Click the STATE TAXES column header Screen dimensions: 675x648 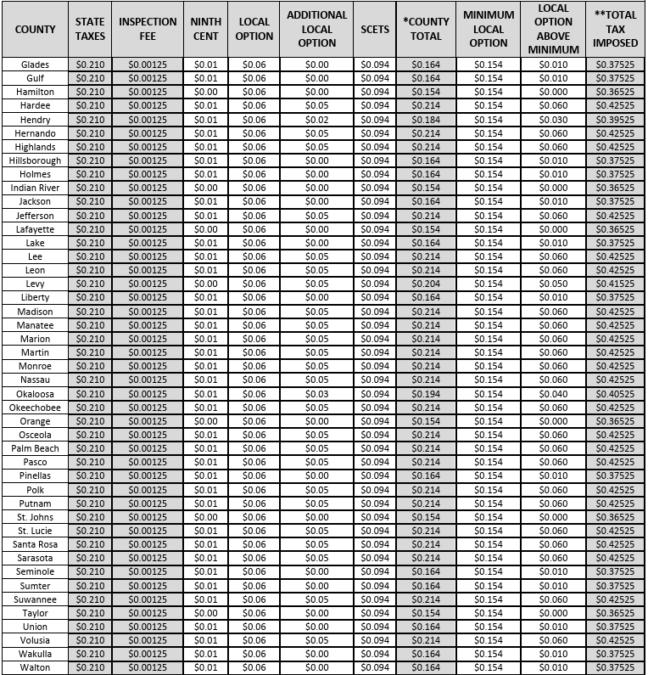90,29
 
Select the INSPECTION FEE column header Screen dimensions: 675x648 148,29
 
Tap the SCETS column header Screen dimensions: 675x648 374,29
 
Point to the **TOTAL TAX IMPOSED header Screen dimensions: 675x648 615,29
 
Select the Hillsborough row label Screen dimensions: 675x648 35,160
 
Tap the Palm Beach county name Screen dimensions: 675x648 35,448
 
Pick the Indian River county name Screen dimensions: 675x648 35,188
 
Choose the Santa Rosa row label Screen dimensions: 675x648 35,544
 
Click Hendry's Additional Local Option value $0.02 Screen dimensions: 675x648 316,120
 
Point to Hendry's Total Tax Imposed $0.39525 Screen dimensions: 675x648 615,120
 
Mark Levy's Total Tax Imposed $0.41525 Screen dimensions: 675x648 615,284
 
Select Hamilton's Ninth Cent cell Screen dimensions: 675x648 205,92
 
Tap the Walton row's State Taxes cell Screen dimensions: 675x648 90,667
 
